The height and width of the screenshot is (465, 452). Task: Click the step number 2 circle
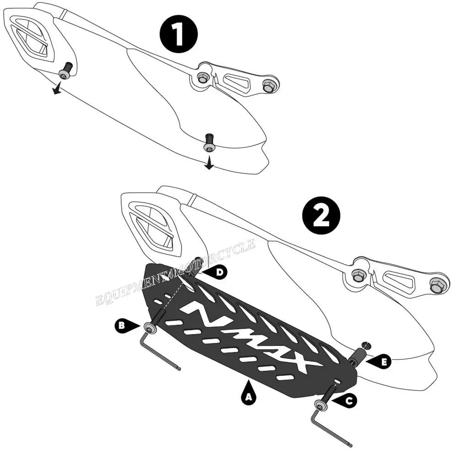click(x=321, y=216)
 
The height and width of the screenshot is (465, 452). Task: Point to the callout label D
click(x=215, y=272)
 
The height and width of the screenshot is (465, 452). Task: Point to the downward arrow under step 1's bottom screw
click(x=209, y=163)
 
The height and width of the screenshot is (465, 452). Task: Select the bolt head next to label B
click(x=150, y=328)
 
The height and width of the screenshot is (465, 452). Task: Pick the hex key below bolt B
click(x=159, y=352)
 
